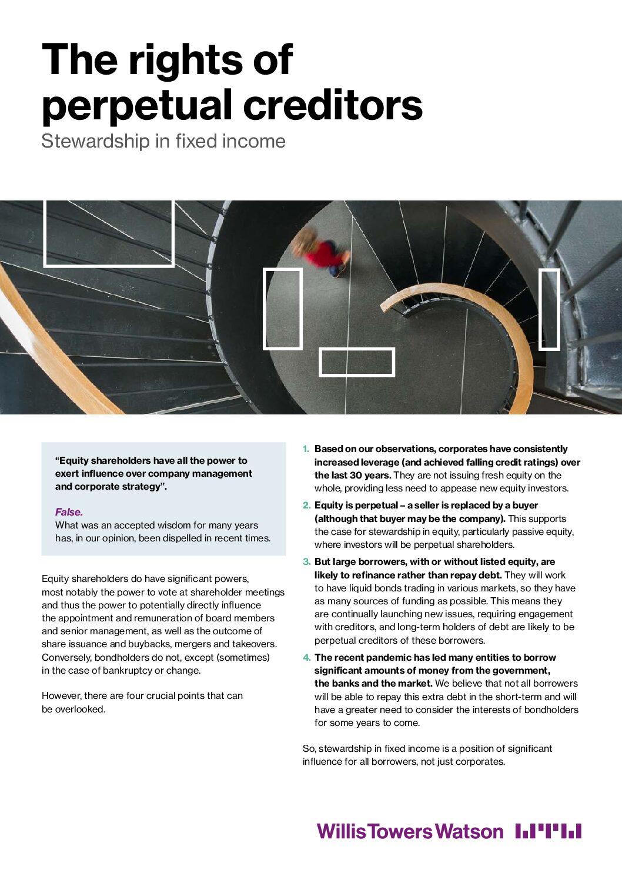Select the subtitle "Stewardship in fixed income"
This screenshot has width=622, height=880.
(163, 141)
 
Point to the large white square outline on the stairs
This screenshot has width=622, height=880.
(109, 233)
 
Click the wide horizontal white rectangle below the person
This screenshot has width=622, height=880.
(356, 362)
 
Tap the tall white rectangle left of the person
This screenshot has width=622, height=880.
(282, 309)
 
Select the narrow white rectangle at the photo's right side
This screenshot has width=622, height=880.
(549, 309)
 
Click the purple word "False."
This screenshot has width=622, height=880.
(69, 512)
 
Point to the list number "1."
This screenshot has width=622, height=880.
(306, 449)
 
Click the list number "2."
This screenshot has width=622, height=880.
(306, 506)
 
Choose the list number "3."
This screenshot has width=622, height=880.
(306, 562)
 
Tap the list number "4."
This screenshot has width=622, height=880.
(306, 658)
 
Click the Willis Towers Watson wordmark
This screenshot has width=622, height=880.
(410, 831)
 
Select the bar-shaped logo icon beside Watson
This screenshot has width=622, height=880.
(548, 831)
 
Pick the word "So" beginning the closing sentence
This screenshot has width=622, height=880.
(309, 749)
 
